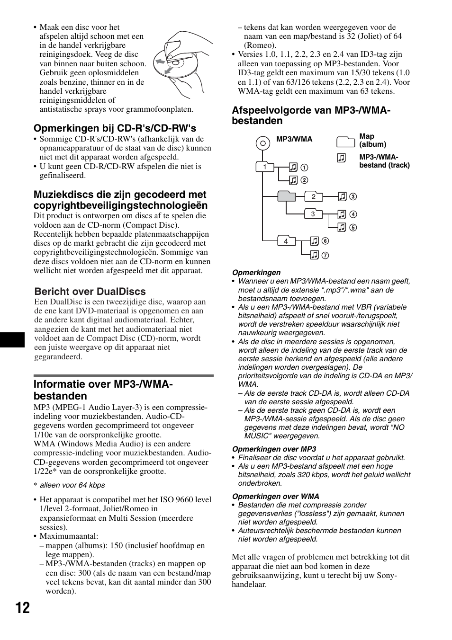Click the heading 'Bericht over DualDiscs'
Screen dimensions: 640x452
pos(90,292)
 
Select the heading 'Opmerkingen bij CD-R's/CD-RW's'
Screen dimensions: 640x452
pos(115,128)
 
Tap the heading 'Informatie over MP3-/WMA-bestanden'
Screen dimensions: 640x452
pos(103,390)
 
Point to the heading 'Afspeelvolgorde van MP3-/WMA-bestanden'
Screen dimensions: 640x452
pos(311,116)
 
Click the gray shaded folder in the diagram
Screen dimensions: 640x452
pos(286,196)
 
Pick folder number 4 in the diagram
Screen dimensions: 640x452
pos(286,241)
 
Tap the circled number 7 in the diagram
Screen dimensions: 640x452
pos(325,256)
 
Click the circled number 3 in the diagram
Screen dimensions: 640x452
pos(353,197)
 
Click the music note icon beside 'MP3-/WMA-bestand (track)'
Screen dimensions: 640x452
pos(342,159)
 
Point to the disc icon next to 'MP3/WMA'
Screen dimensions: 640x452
pos(262,142)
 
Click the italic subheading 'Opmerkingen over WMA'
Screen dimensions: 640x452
pos(275,496)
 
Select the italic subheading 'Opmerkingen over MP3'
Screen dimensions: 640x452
pos(274,449)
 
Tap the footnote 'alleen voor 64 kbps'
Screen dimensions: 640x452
pos(72,485)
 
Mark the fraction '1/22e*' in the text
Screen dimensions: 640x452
pos(45,471)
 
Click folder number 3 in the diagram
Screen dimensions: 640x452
pos(313,214)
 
